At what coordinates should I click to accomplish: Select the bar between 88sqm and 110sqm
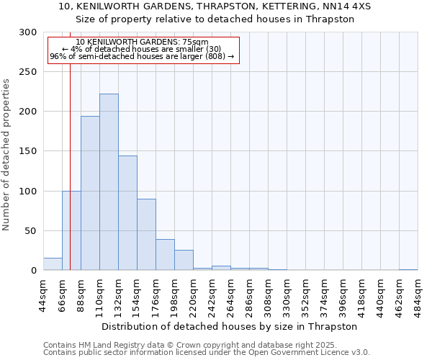pos(90,193)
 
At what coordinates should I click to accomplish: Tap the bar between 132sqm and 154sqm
pos(127,213)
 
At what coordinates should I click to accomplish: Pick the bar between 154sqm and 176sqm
pos(146,235)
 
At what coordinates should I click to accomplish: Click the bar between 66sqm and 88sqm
pos(71,230)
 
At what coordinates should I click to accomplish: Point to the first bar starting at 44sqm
pos(53,264)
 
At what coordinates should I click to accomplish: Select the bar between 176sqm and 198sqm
pos(165,255)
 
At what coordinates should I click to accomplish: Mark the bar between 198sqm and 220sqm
pos(184,260)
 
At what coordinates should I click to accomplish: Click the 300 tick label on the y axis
pos(28,32)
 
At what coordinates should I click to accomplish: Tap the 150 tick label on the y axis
pos(28,151)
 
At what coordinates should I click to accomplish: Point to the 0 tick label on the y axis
pos(34,271)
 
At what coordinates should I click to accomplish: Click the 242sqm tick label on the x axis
pos(212,295)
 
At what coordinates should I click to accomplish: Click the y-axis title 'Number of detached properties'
pos(6,155)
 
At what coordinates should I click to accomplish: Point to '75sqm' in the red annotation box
pos(195,42)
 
